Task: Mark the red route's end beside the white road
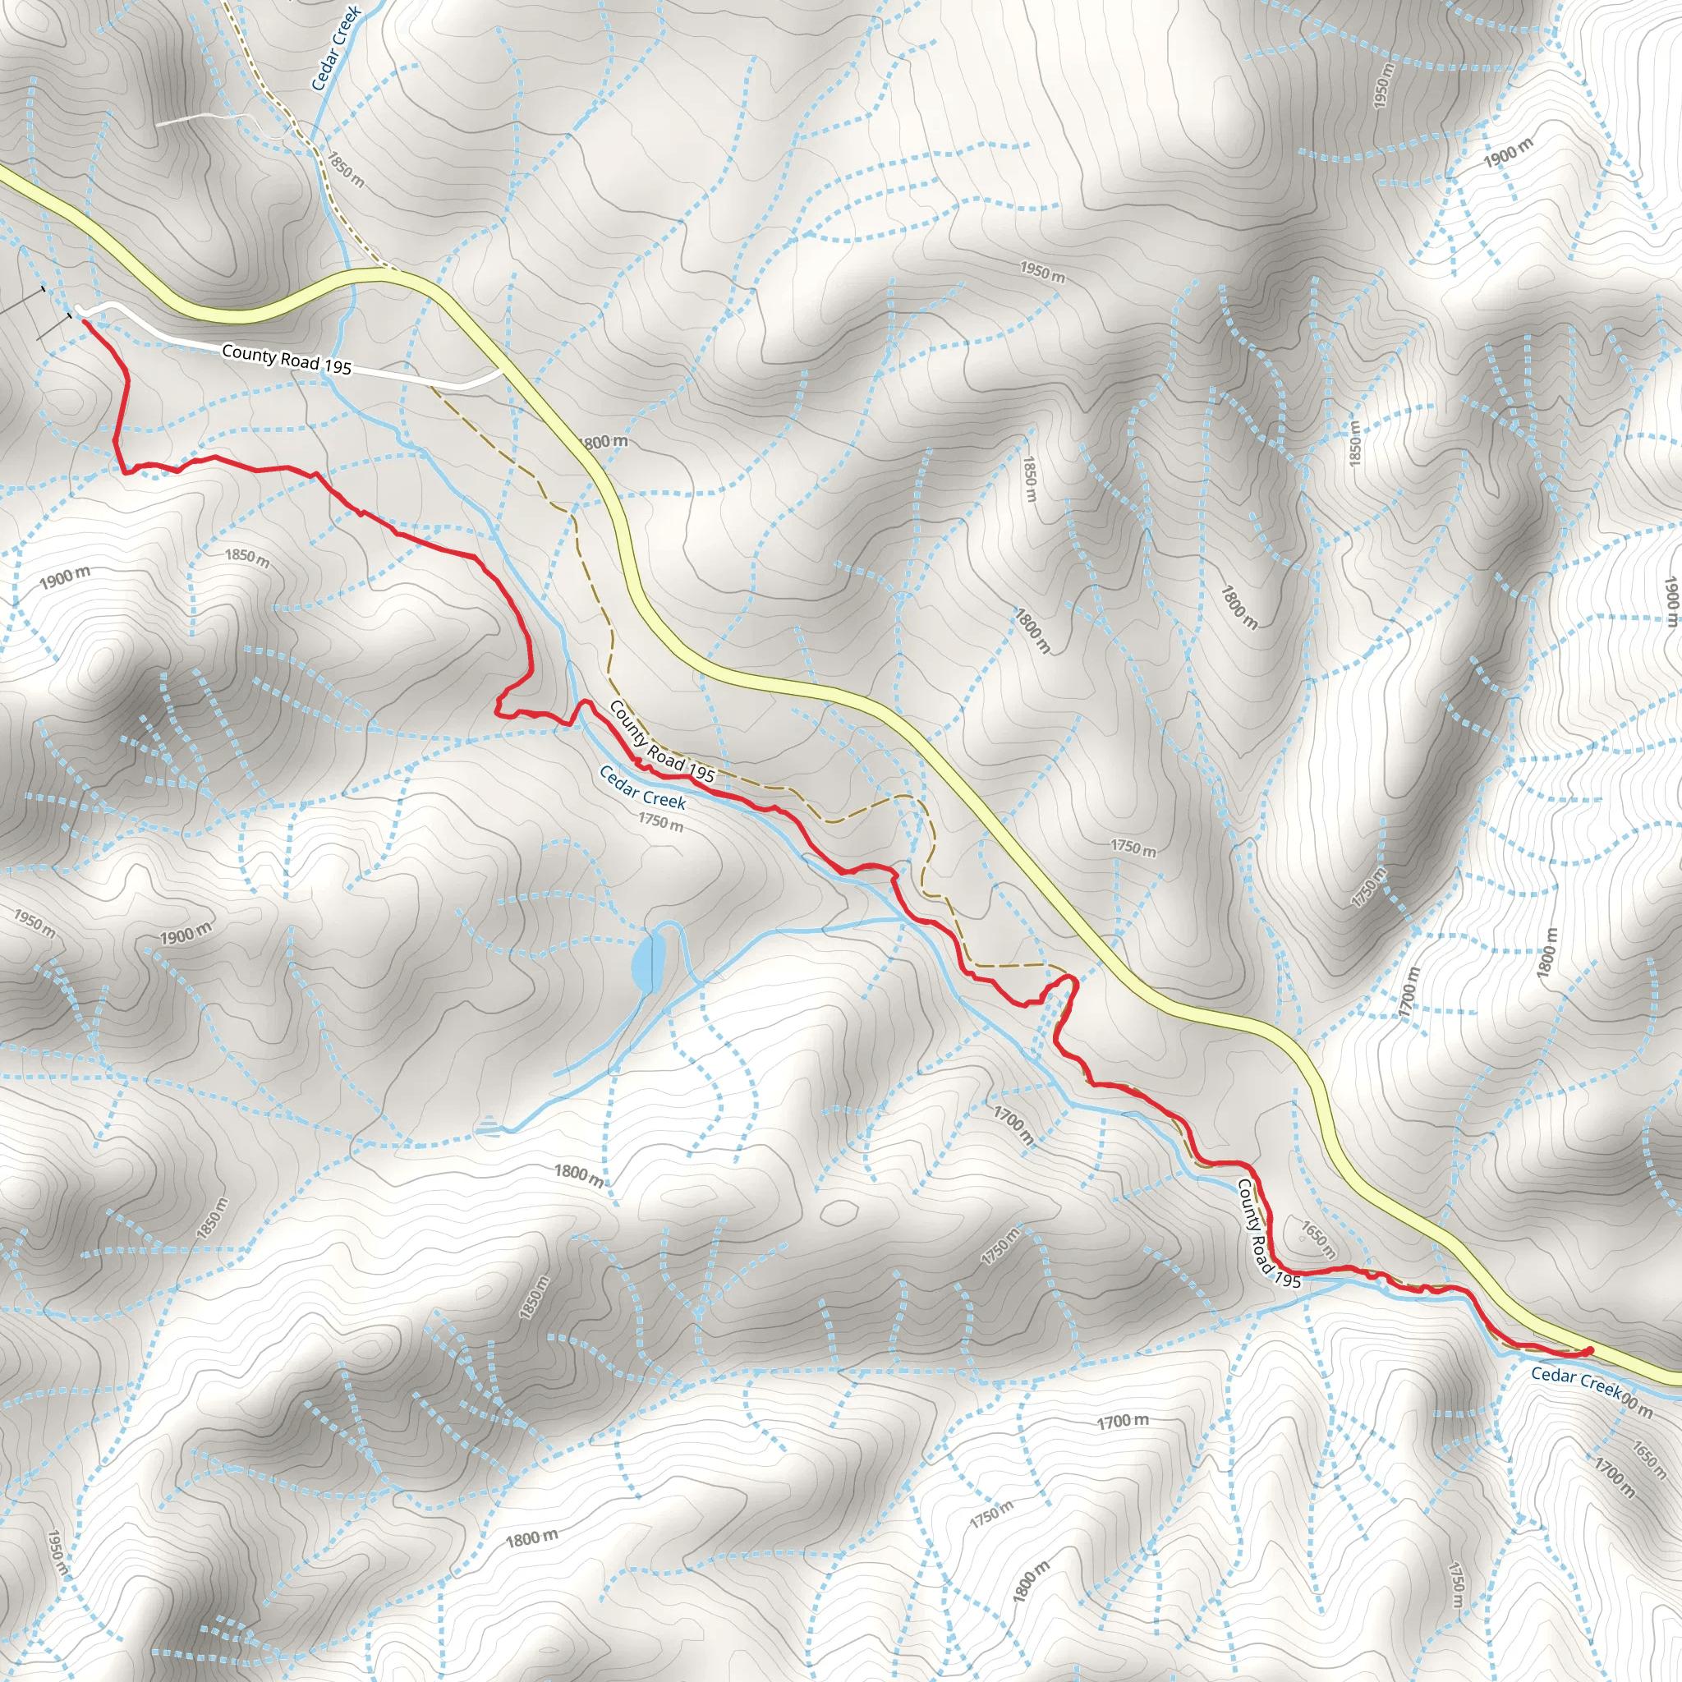coord(85,321)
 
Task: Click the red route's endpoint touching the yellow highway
coord(1590,1350)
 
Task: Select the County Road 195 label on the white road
coord(287,360)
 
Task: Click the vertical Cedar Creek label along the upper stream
coord(335,48)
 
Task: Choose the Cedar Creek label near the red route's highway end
coord(1576,1381)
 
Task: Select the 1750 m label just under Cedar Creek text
coord(660,821)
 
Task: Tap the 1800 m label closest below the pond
coord(579,1174)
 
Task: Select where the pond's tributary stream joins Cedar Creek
coord(905,920)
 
